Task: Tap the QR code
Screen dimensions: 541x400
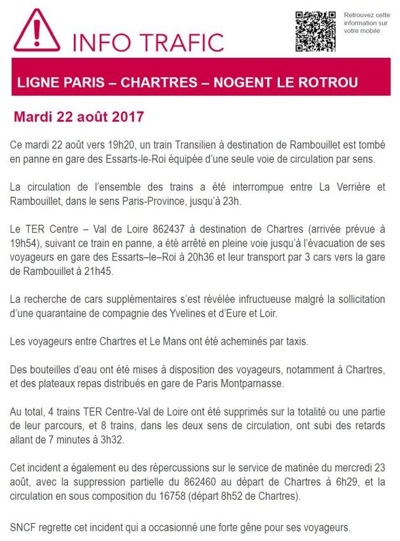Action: [x=315, y=31]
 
